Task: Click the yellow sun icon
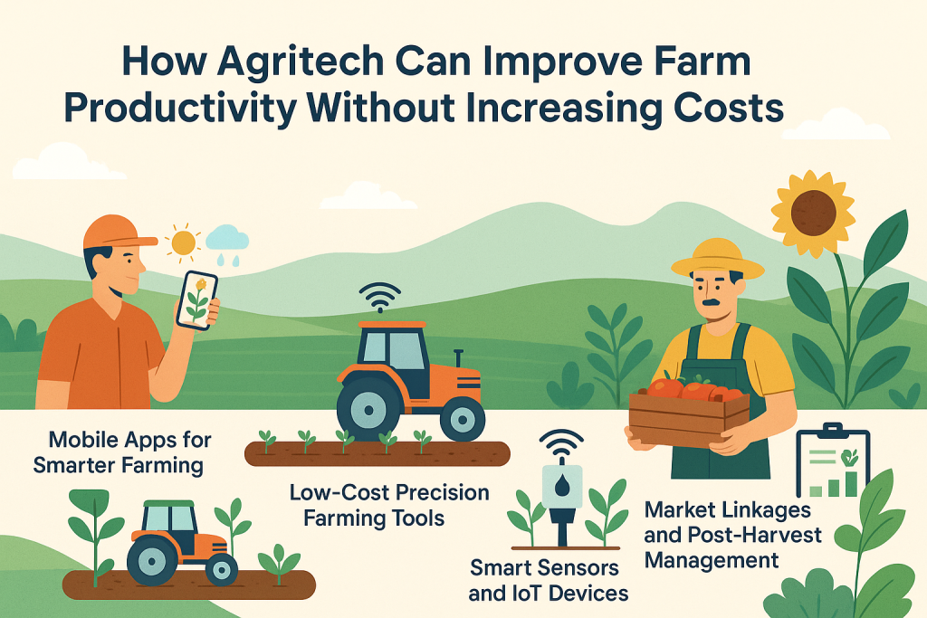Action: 184,242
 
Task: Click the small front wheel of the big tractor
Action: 463,418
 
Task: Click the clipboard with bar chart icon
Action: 830,463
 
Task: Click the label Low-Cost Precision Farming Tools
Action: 388,505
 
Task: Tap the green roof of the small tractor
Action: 162,504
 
